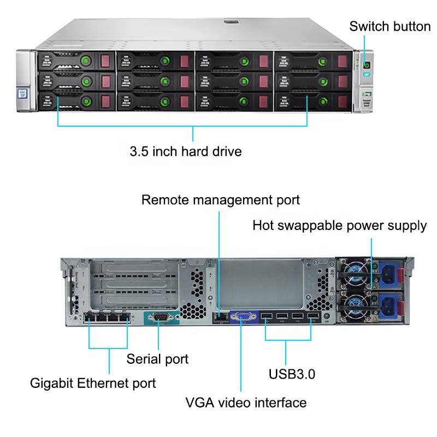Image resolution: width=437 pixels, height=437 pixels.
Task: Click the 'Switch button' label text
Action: point(389,26)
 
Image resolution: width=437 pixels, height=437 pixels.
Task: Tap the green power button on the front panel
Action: point(367,65)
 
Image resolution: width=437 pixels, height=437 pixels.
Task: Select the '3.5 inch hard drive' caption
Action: point(186,152)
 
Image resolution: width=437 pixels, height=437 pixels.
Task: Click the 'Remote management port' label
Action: point(221,200)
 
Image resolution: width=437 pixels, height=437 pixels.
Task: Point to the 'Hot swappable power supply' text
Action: point(339,226)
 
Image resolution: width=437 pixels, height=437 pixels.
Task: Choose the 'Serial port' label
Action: point(157,359)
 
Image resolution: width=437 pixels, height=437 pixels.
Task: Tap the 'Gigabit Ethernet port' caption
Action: point(93,383)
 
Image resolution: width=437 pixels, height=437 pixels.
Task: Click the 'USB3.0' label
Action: point(292,374)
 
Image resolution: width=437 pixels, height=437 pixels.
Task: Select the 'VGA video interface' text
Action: point(246,403)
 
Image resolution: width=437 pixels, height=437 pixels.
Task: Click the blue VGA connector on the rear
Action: point(243,317)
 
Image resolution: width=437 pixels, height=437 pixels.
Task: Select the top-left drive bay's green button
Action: point(86,61)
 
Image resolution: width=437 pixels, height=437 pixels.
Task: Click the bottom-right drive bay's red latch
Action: point(343,102)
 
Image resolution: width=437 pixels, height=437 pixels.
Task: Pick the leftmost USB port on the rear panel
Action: point(267,316)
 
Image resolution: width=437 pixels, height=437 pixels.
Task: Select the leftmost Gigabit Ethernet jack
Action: point(90,317)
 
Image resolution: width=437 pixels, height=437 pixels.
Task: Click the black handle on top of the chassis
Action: point(231,22)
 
